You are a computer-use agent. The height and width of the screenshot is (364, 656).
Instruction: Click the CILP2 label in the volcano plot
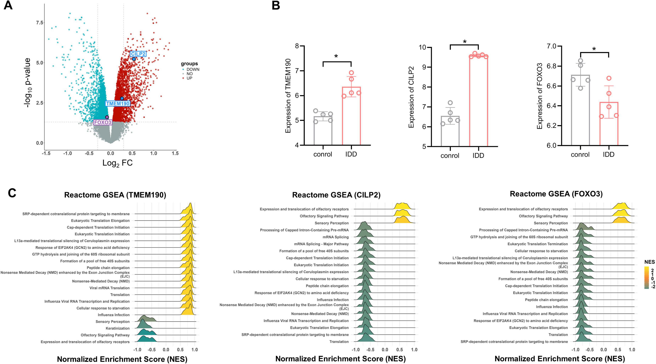pyautogui.click(x=138, y=54)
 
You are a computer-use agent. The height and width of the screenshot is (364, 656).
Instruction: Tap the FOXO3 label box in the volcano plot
pyautogui.click(x=103, y=122)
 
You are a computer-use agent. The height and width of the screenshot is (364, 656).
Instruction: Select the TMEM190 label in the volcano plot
pyautogui.click(x=118, y=103)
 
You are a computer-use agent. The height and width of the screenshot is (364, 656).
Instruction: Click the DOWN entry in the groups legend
pyautogui.click(x=193, y=69)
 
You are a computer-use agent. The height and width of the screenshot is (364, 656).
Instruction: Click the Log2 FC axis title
pyautogui.click(x=117, y=163)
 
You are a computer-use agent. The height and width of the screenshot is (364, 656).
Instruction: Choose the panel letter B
pyautogui.click(x=276, y=6)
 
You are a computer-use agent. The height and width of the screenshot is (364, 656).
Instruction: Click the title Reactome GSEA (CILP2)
pyautogui.click(x=336, y=195)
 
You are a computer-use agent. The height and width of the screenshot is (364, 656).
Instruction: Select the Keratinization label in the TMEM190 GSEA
pyautogui.click(x=118, y=328)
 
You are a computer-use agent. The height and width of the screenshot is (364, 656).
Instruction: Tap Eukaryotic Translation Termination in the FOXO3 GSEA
pyautogui.click(x=538, y=244)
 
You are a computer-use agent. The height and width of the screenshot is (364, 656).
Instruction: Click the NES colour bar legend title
pyautogui.click(x=649, y=262)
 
